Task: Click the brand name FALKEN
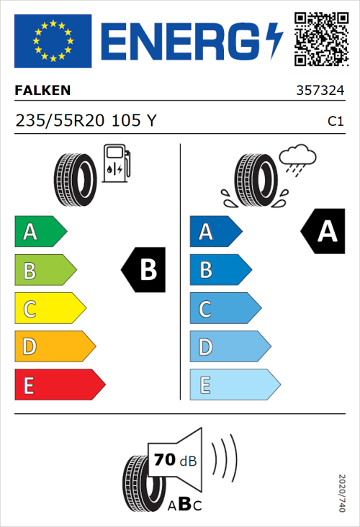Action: coord(43,91)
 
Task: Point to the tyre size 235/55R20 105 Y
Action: coord(85,121)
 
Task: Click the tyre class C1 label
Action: coord(335,122)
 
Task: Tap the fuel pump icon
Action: coord(116,163)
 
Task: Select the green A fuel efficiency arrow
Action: coord(40,232)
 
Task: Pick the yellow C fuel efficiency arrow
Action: coord(49,310)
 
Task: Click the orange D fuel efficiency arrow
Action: coord(54,348)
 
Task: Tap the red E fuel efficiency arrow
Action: coord(59,385)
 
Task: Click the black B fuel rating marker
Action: coord(144,271)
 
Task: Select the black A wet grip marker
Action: coord(324,232)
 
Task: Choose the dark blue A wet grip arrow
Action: coord(215,232)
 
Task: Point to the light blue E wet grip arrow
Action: coord(233,385)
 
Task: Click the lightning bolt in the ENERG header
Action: coord(274,41)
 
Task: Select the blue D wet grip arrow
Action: coord(228,348)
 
